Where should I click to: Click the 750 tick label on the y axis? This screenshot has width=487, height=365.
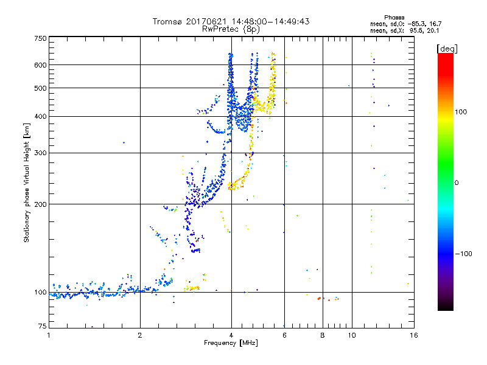point(40,38)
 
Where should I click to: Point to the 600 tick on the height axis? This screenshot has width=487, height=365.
point(40,64)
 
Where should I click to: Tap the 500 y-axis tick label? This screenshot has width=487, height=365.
point(40,88)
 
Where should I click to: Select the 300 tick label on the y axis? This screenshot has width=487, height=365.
point(40,153)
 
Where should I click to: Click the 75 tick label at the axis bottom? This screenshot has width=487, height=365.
point(42,327)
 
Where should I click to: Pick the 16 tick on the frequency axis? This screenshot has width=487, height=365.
point(413,335)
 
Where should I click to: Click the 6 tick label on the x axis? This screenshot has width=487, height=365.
point(284,335)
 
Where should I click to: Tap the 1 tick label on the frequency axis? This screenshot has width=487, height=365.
point(49,335)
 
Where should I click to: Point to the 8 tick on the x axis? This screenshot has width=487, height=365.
point(323,335)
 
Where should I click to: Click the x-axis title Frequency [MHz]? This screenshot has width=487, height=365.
point(231,343)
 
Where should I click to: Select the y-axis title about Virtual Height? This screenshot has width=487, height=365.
point(27,182)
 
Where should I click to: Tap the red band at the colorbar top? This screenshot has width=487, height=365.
point(446,56)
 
